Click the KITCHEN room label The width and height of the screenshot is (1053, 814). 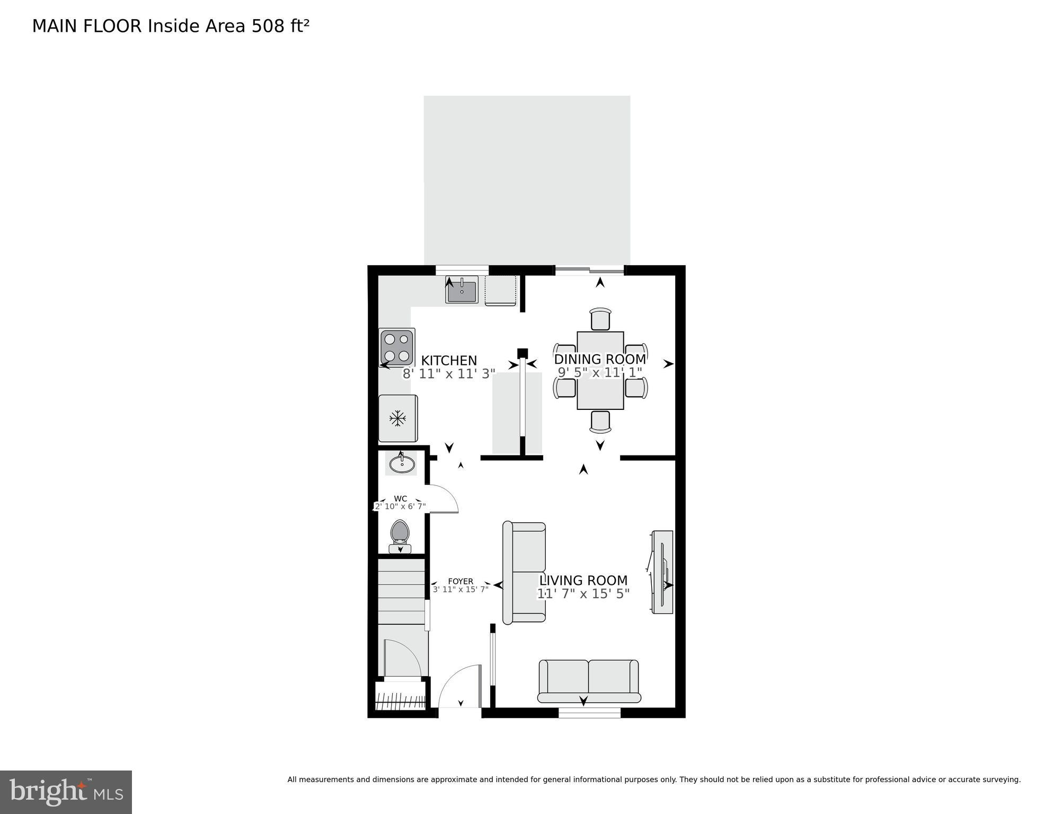pos(449,361)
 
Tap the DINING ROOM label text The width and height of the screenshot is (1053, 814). pos(600,359)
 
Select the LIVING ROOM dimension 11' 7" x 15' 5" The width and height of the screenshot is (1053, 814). pos(583,594)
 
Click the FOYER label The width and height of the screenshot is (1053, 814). pos(460,581)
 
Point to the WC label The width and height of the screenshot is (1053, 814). pos(401,498)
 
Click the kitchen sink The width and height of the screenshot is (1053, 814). pos(462,291)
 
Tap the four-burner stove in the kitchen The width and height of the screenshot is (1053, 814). pos(397,347)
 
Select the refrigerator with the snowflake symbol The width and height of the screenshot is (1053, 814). pos(397,418)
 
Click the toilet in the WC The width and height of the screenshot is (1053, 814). pos(400,536)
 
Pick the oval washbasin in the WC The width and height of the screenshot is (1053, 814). pos(402,465)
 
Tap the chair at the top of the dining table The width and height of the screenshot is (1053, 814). pos(600,319)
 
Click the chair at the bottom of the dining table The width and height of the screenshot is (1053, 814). pos(600,422)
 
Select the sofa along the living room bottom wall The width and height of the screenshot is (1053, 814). pos(588,680)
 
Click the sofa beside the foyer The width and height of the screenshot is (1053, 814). pos(524,572)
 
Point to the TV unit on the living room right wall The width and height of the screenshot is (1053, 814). pos(662,572)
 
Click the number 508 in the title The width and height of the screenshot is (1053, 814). pos(268,26)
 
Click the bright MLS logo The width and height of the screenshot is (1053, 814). pos(66,792)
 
